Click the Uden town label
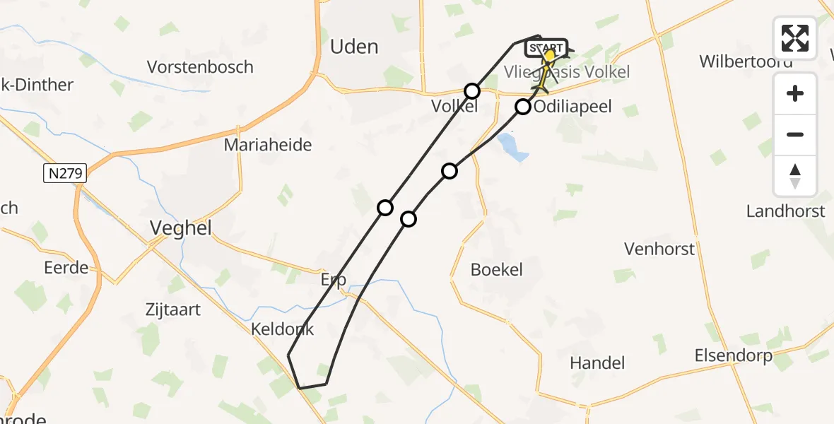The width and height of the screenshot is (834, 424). pos(354,47)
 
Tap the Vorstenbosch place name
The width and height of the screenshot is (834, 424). pos(200,67)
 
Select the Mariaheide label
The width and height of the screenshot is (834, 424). pos(268,146)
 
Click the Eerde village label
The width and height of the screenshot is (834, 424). pos(66,268)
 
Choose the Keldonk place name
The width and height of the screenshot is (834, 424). pos(282,329)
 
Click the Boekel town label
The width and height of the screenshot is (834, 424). pos(497,269)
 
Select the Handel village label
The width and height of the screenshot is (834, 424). pos(598,363)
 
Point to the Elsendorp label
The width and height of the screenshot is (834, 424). pos(734,355)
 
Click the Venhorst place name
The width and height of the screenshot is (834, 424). pos(659,249)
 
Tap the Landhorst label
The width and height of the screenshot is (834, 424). pos(786,211)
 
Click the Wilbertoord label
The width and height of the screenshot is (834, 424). pos(746,61)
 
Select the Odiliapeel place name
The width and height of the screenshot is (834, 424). pos(572,107)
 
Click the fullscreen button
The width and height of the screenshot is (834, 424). pos(795,38)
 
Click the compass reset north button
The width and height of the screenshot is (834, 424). pos(795,176)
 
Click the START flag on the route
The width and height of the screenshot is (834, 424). pos(546,48)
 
